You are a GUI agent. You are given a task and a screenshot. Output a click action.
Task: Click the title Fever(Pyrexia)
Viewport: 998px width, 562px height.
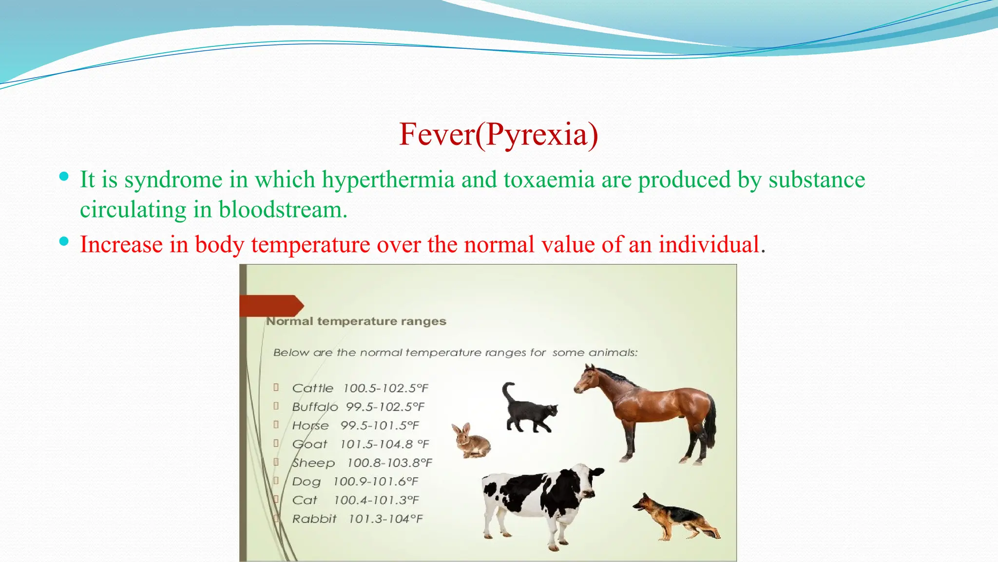[498, 135]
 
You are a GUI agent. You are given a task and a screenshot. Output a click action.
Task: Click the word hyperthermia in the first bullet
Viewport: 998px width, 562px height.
[388, 180]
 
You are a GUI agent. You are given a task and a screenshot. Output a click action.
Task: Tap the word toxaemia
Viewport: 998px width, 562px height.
[549, 180]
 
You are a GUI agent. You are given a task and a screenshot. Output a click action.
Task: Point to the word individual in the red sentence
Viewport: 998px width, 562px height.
[709, 244]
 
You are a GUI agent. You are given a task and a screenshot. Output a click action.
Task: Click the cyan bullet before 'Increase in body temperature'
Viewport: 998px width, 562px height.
[64, 241]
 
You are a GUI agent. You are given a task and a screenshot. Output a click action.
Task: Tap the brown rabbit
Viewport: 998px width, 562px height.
[471, 442]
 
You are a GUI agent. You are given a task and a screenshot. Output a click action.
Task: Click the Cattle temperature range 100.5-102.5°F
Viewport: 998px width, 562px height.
[385, 388]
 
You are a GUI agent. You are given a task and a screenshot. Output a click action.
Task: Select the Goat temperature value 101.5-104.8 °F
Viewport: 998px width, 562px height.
[384, 444]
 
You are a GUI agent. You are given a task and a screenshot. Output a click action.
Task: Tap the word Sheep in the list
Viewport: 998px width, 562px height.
[313, 463]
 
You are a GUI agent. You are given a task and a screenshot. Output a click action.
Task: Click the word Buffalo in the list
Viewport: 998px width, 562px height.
[315, 407]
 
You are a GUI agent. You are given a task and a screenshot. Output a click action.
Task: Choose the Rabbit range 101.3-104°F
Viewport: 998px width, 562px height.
[385, 519]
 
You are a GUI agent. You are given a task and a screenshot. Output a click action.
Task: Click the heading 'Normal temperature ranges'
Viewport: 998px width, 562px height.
[356, 321]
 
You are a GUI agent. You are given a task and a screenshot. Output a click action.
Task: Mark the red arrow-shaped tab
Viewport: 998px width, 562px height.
[271, 306]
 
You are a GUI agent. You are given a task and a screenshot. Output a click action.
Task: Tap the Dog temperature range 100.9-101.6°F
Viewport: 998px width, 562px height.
[375, 482]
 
